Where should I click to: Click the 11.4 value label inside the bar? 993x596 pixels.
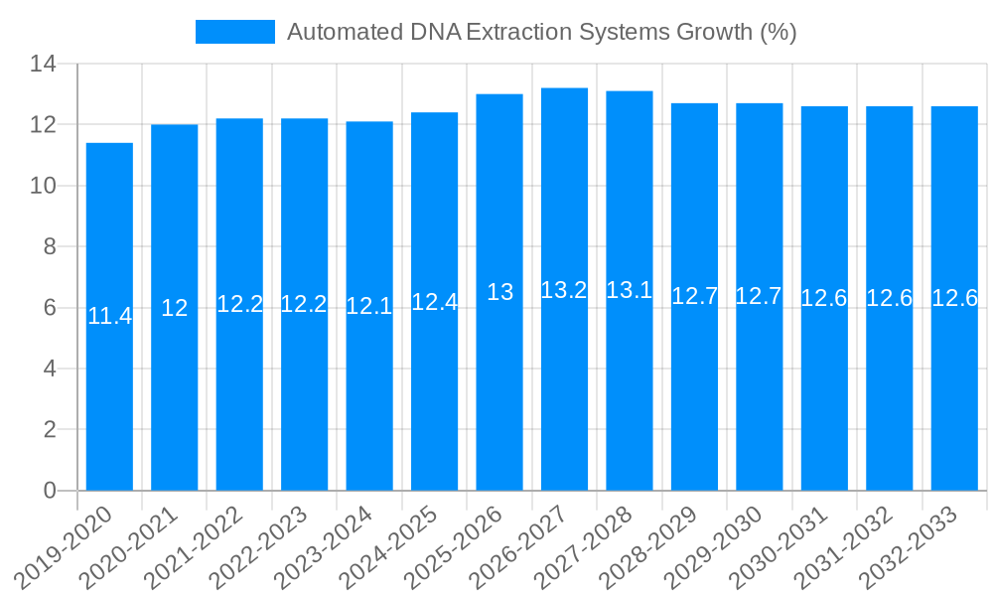pos(109,316)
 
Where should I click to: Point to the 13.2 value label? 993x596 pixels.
pos(564,290)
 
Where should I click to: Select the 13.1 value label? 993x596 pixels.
pos(630,290)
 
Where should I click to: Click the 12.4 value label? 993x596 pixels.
pos(434,302)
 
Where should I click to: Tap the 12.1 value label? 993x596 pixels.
pos(369,306)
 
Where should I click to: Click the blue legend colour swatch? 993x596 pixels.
pos(235,32)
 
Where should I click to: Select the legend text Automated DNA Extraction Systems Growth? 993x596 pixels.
pos(541,32)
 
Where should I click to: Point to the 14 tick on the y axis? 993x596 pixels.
pos(43,65)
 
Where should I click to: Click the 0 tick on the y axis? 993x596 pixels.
pos(49,491)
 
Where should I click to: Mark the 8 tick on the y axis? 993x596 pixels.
pos(49,247)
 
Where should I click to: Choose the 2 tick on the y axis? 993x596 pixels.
pos(49,430)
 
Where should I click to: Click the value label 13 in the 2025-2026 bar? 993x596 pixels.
pos(499,292)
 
